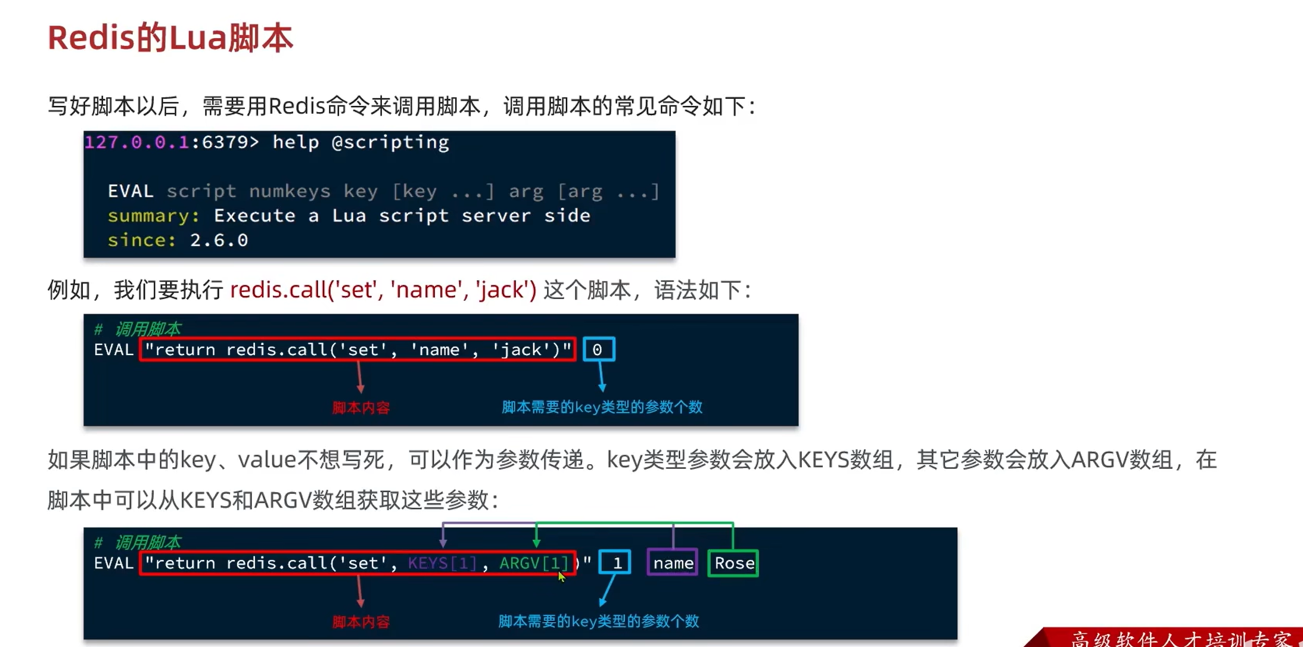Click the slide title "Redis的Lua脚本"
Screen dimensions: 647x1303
point(170,38)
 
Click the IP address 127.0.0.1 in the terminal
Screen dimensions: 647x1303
point(136,142)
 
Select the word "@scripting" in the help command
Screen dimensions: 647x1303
point(390,142)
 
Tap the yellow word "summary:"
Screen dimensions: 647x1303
point(153,216)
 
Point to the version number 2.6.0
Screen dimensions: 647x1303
point(219,240)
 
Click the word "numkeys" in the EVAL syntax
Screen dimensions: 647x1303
point(290,191)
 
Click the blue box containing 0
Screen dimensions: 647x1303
point(598,350)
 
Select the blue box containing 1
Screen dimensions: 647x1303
point(615,563)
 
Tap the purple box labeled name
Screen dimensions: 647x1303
point(673,563)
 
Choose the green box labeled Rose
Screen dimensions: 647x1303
point(733,563)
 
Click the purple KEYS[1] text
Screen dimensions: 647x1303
point(442,563)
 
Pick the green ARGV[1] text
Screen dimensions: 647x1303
point(533,563)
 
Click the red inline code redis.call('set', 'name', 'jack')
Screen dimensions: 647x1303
point(383,290)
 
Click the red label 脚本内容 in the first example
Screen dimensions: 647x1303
point(361,408)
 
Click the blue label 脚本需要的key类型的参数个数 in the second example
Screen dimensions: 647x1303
point(598,621)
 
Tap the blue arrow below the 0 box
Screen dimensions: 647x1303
point(601,377)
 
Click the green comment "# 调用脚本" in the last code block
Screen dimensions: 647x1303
point(138,543)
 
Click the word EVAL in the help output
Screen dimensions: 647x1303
point(130,191)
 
